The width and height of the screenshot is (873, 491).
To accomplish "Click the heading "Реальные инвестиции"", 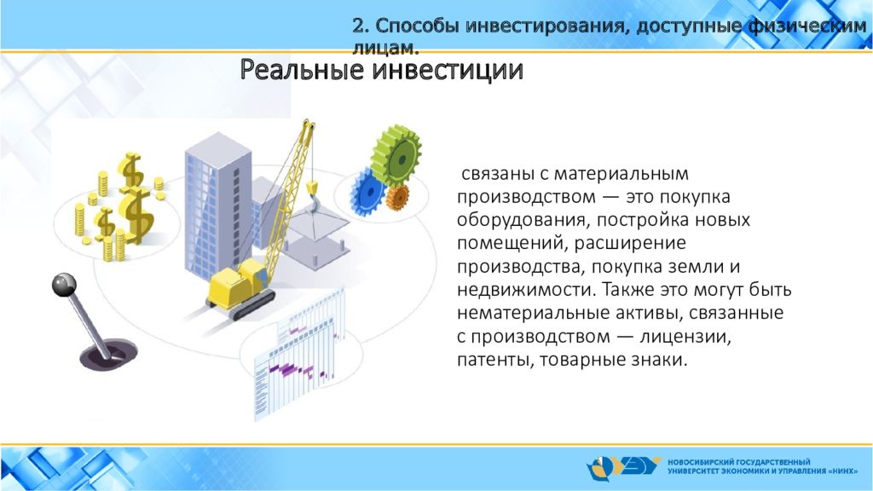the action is point(381,71).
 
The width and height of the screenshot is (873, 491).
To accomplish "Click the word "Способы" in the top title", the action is point(416,26).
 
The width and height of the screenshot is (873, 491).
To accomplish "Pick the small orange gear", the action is point(397,198).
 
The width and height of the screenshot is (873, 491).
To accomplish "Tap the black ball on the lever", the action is point(64,285).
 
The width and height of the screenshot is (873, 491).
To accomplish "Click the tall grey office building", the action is point(217,206).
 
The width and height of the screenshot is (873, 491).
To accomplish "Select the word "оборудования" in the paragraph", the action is point(522,221).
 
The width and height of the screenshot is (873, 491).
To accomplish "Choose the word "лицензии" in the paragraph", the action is point(685,337).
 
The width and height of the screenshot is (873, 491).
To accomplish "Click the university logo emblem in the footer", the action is point(623,468).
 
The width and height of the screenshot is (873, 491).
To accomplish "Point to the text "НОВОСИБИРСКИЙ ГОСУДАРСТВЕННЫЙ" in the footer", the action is point(739,462).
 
